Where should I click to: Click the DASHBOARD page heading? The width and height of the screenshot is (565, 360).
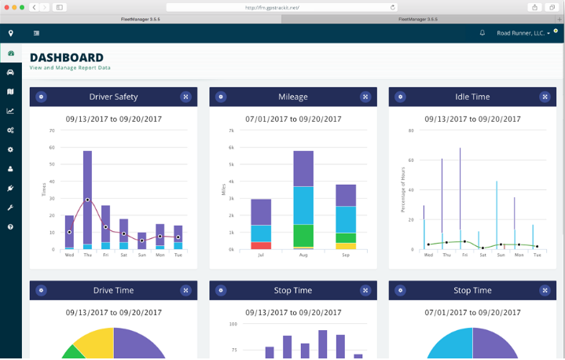point(67,57)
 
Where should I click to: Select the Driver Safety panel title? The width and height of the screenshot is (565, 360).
point(113,97)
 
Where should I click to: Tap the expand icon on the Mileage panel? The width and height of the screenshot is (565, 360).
point(365,97)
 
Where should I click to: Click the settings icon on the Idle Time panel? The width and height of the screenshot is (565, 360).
point(400,97)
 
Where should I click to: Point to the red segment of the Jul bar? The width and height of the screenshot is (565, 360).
point(261,245)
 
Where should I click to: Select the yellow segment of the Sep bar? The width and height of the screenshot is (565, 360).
point(346,246)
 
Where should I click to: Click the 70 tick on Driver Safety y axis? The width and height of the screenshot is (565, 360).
point(52,130)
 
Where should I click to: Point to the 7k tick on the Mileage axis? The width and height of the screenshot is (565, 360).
point(231,130)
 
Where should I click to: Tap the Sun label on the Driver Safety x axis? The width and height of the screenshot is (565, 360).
point(141,255)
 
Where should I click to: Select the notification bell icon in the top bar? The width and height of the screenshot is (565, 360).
point(482,33)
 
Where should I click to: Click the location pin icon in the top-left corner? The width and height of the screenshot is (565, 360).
point(11,33)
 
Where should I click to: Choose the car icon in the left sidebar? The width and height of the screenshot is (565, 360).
point(11,72)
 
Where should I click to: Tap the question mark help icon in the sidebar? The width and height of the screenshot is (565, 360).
point(11,226)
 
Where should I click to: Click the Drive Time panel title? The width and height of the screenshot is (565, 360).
point(113,290)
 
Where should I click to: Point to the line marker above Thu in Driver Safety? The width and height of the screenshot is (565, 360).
point(87,200)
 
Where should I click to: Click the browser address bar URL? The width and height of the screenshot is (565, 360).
point(283,7)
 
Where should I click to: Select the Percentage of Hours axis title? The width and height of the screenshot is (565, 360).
point(403,189)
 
